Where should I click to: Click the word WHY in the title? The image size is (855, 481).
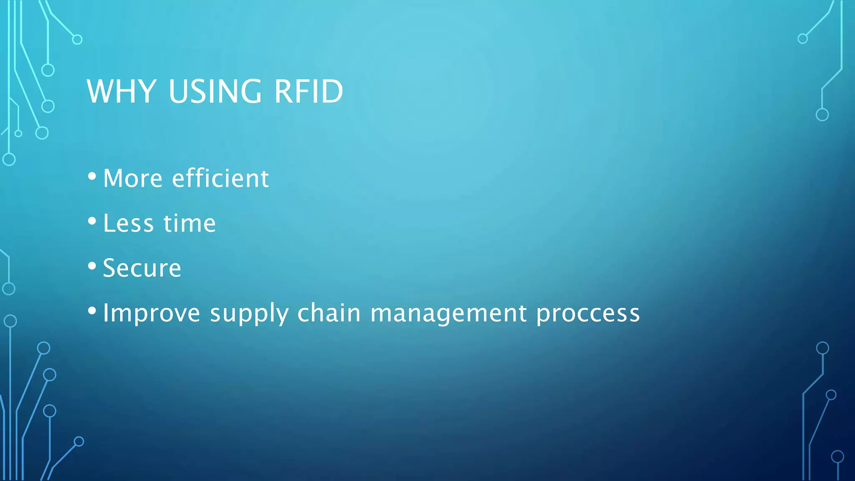121,91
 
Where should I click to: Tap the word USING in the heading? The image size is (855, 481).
215,91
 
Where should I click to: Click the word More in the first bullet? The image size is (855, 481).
132,179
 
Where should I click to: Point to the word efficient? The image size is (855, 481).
220,179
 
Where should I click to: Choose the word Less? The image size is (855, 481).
128,223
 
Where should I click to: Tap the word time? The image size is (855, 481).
190,223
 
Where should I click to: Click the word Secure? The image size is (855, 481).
142,268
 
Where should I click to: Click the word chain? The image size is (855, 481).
329,313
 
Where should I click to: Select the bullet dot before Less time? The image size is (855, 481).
92,221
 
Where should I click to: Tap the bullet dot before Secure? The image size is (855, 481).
92,266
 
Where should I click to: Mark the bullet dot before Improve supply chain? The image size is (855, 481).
92,311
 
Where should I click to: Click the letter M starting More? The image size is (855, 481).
114,179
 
